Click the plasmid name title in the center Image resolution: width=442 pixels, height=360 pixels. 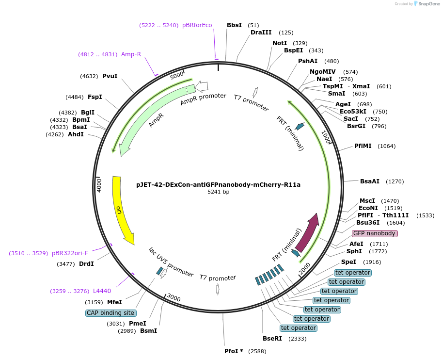(218, 184)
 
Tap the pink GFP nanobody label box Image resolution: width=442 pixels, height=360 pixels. (374, 233)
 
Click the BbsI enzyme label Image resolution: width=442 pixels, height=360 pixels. (234, 25)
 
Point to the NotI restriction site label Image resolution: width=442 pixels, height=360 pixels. (279, 43)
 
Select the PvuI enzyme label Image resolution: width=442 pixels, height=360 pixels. (110, 76)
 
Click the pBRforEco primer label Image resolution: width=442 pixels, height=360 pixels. (197, 25)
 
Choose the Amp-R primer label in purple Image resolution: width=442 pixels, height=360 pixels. (131, 54)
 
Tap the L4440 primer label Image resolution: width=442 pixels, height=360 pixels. (102, 291)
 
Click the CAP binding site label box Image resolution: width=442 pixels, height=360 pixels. (110, 313)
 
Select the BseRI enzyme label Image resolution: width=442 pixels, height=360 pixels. (272, 339)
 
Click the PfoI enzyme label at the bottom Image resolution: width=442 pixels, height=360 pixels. (234, 351)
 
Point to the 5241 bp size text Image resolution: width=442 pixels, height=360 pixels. (218, 192)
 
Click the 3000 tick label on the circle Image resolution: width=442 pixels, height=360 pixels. (174, 298)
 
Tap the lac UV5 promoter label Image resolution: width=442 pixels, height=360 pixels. (171, 262)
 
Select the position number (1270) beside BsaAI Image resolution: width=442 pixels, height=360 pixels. (395, 181)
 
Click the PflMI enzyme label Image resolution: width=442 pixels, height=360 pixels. (363, 146)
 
